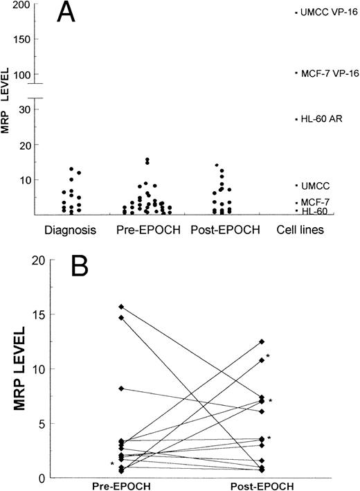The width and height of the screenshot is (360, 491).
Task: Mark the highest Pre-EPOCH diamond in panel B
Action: pyautogui.click(x=122, y=306)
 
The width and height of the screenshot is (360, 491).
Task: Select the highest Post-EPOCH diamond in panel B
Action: pyautogui.click(x=261, y=341)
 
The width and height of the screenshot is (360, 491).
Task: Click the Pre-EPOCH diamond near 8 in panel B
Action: pyautogui.click(x=122, y=389)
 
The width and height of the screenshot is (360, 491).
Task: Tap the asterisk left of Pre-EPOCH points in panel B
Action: pyautogui.click(x=111, y=464)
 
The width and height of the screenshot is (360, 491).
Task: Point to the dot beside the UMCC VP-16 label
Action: pyautogui.click(x=296, y=12)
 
